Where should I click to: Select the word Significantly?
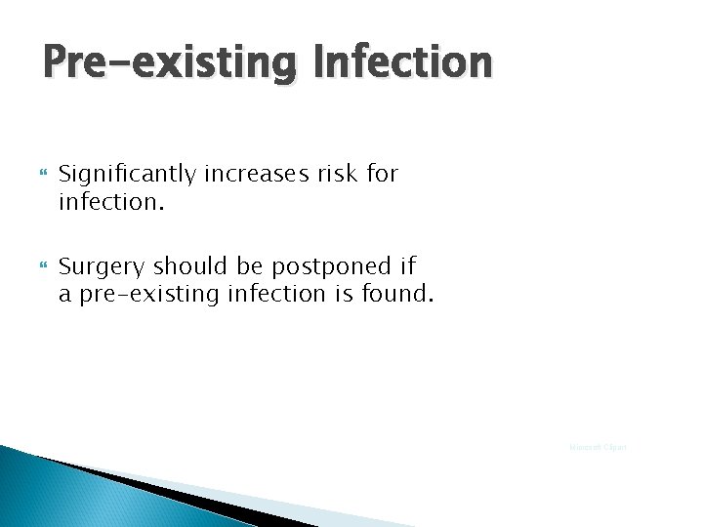[x=125, y=175]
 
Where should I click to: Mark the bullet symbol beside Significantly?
[x=41, y=176]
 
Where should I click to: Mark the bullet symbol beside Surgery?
[x=41, y=264]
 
